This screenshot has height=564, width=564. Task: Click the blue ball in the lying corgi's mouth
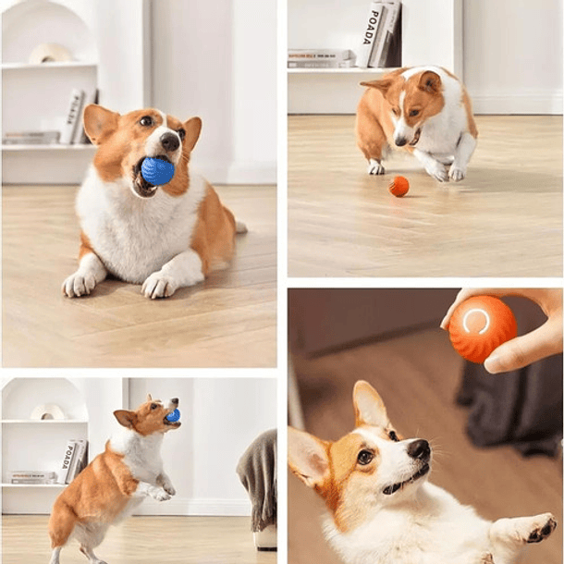click(x=157, y=170)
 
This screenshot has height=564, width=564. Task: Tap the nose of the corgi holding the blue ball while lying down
click(x=170, y=141)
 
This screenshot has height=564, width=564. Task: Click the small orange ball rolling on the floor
click(x=398, y=187)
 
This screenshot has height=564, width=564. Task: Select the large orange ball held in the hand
click(x=482, y=328)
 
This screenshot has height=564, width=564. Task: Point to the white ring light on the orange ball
click(x=477, y=321)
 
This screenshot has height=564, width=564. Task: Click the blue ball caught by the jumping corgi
click(x=173, y=416)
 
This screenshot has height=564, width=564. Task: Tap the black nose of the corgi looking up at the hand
click(x=420, y=449)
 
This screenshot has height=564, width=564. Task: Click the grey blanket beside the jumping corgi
click(x=258, y=476)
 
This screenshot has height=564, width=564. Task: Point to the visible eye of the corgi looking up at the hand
click(x=365, y=457)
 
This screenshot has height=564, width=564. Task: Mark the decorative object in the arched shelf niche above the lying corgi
click(x=50, y=54)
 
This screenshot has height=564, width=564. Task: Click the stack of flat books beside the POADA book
click(x=320, y=58)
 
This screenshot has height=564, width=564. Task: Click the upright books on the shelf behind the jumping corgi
click(x=73, y=461)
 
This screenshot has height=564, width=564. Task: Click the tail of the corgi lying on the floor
click(x=239, y=227)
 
